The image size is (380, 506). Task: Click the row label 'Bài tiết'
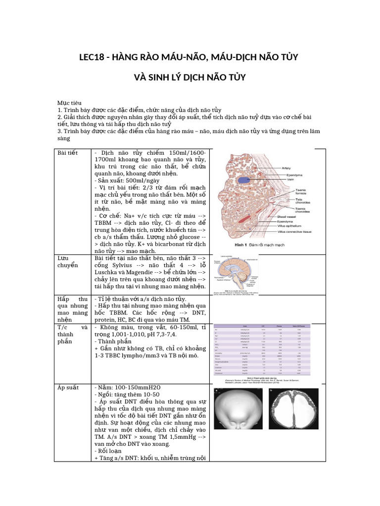68,153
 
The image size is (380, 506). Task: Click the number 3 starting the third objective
59,131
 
